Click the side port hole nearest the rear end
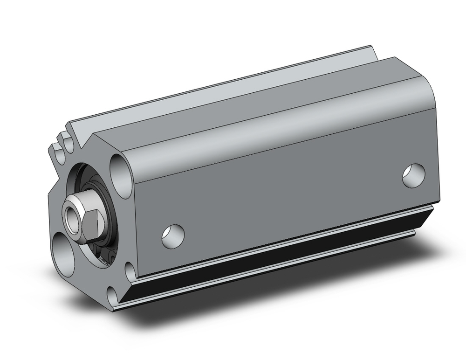coord(414,175)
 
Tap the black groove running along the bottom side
coord(280,252)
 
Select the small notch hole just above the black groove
coord(131,269)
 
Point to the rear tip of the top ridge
coord(371,47)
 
